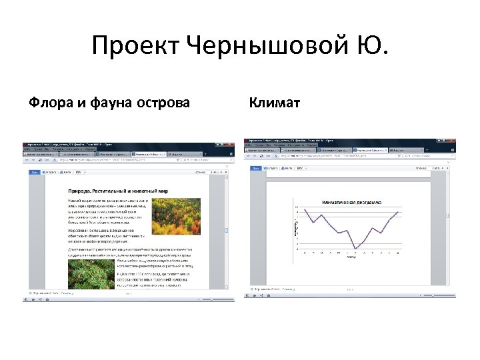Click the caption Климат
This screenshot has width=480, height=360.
tap(274, 103)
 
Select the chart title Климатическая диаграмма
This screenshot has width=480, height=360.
tap(352, 201)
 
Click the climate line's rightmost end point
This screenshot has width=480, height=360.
tap(398, 212)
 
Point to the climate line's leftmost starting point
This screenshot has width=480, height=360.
tap(305, 209)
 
